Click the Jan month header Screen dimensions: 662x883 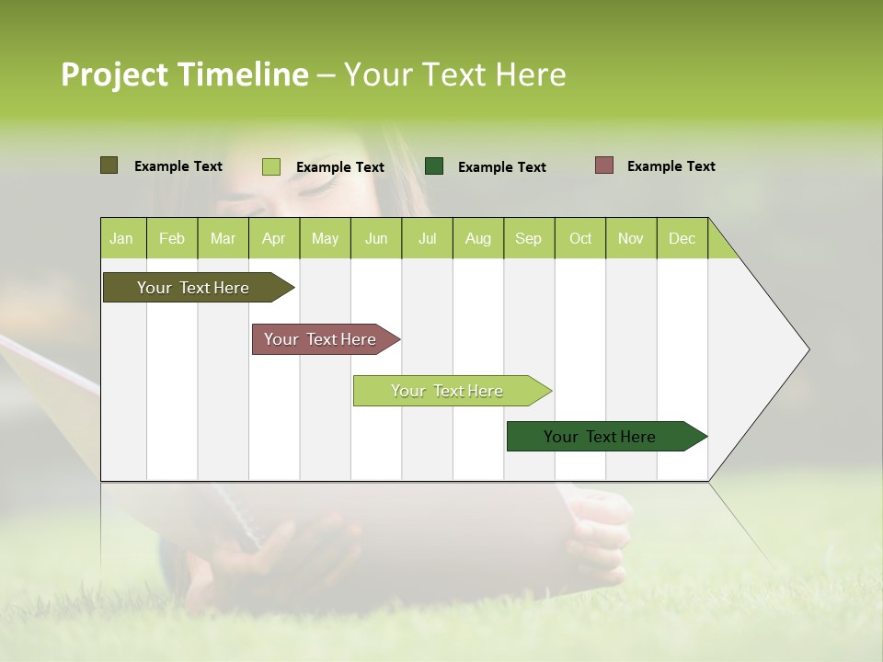point(122,238)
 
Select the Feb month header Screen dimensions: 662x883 point(172,238)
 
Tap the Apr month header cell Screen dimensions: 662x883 point(274,238)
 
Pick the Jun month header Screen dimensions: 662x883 point(376,238)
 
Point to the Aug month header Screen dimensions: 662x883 point(478,238)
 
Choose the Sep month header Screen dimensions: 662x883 point(529,238)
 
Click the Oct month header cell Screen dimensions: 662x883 point(580,238)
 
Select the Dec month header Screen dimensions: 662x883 point(682,238)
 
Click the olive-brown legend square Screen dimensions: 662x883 point(109,165)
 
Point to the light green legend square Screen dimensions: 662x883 point(271,166)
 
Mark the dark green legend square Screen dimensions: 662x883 point(434,166)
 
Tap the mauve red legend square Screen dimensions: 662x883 point(604,165)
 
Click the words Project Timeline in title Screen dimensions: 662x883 point(185,74)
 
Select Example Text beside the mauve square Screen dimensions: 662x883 point(671,166)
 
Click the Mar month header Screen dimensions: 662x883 point(223,238)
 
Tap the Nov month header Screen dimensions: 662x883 point(631,238)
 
